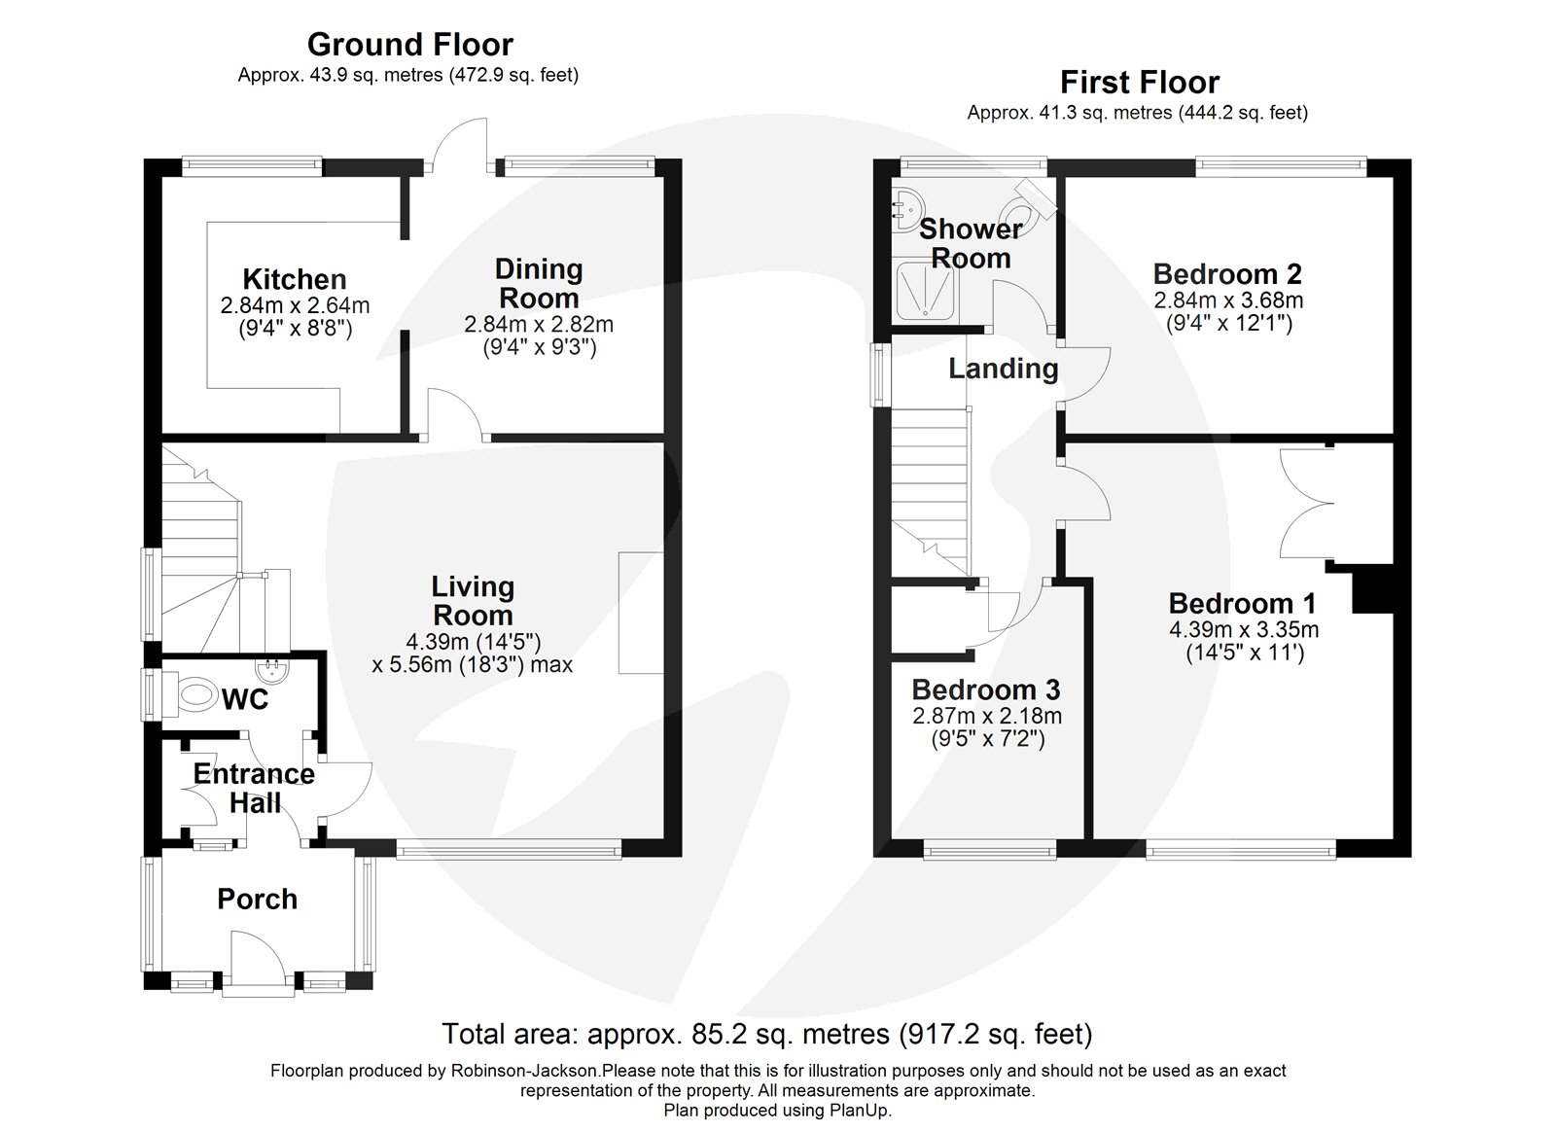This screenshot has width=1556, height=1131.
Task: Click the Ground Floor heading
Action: (x=409, y=45)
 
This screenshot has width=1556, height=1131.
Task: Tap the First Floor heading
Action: (x=1139, y=83)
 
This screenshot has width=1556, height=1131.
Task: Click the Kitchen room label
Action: (x=295, y=279)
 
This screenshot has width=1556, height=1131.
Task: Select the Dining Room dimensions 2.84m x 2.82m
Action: (x=539, y=325)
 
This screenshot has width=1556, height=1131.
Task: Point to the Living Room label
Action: (x=473, y=601)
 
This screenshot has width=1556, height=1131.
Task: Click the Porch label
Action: (x=257, y=899)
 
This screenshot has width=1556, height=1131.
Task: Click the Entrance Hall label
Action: (x=254, y=789)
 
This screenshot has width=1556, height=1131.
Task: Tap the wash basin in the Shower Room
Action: (x=907, y=210)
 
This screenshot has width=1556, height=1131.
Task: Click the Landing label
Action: (x=1003, y=369)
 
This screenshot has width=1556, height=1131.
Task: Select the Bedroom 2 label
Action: (x=1227, y=274)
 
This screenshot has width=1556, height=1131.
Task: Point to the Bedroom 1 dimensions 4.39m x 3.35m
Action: (x=1244, y=629)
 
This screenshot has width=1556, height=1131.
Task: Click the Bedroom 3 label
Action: (x=986, y=689)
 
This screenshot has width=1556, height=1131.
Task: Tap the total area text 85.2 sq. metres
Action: (x=792, y=1035)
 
